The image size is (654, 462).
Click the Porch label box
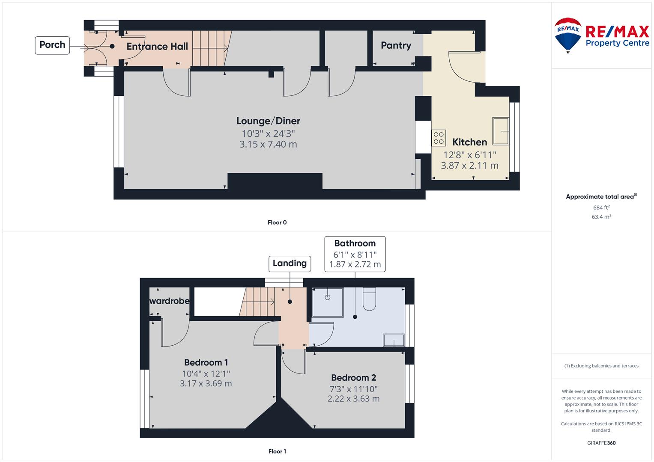[52, 45]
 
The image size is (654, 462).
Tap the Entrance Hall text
[157, 46]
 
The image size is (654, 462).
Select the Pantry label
[396, 45]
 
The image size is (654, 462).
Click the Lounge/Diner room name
[268, 121]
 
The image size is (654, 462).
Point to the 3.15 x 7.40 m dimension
[268, 144]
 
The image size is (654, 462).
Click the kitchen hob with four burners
[439, 138]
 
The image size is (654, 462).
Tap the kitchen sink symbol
[501, 131]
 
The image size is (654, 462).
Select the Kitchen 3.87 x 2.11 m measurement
[469, 166]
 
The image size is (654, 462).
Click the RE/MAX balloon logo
[568, 35]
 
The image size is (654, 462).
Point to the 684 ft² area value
[601, 207]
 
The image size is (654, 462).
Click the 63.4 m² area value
[601, 217]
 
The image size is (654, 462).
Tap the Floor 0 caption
[277, 222]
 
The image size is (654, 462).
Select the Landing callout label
[290, 264]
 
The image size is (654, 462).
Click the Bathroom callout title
[355, 243]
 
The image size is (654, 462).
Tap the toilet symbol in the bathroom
[369, 299]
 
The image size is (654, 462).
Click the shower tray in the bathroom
[328, 302]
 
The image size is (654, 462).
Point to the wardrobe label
[169, 301]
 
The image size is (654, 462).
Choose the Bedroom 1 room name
[206, 363]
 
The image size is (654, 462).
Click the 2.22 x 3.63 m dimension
[353, 398]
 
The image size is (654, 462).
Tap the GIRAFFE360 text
[601, 443]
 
